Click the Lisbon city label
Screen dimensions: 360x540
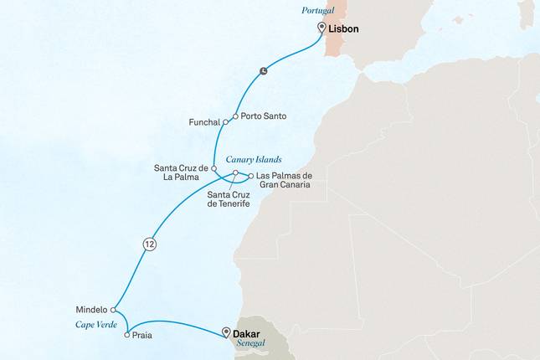[344, 28]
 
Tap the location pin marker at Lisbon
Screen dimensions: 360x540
[321, 28]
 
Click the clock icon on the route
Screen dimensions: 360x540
[264, 70]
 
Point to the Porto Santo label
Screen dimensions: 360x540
[264, 116]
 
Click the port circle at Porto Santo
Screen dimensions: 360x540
[235, 116]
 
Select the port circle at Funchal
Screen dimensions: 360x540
[225, 122]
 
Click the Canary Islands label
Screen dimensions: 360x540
[254, 159]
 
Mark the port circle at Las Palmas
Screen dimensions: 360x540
[249, 176]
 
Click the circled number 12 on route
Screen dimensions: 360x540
[148, 244]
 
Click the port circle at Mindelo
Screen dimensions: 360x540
[114, 309]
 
